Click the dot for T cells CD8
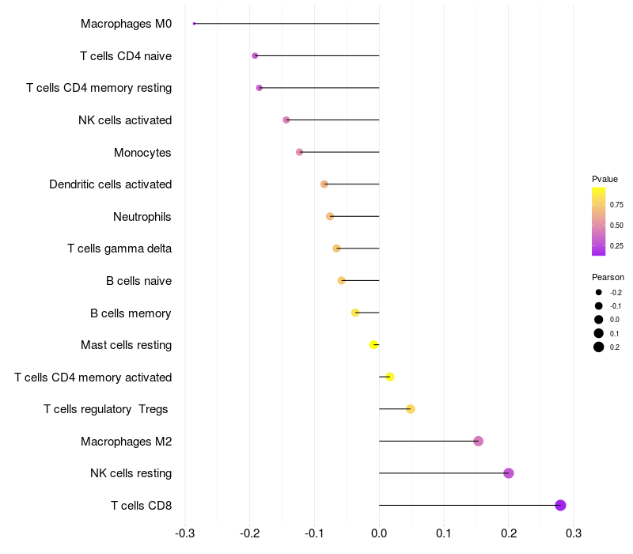(560, 505)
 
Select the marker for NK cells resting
(509, 473)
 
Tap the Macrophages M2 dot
(478, 441)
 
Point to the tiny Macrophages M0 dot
(194, 24)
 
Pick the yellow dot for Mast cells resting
(374, 344)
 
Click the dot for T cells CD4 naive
(255, 55)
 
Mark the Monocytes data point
(299, 152)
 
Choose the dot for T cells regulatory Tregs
(411, 409)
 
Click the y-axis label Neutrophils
(142, 217)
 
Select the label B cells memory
(131, 313)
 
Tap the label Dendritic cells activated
(110, 184)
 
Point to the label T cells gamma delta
(119, 249)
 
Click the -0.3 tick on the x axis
(184, 532)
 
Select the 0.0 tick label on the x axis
(379, 532)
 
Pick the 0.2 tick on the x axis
(509, 532)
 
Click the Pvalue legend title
(605, 179)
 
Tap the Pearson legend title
(608, 277)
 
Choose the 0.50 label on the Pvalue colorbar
(616, 225)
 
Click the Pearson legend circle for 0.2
(599, 347)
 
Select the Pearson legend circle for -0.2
(599, 292)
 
